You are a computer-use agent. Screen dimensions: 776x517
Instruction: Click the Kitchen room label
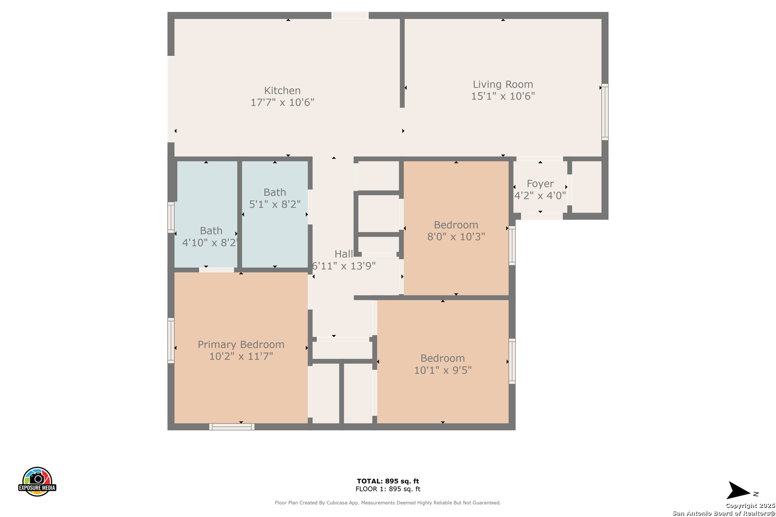[282, 90]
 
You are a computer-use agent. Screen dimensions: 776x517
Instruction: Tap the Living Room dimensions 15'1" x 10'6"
[502, 96]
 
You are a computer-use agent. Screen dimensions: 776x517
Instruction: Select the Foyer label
[540, 184]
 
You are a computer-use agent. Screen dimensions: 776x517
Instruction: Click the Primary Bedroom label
[241, 345]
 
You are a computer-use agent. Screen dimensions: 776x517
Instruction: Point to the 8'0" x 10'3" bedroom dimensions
[456, 236]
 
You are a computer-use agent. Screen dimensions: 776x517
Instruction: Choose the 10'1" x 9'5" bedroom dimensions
[443, 370]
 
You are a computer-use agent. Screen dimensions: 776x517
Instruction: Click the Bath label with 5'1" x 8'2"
[275, 192]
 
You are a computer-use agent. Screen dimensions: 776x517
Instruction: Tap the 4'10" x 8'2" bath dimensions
[209, 243]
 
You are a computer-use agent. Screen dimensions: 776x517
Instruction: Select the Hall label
[343, 254]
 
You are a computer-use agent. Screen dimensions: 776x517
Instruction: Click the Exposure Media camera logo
[37, 481]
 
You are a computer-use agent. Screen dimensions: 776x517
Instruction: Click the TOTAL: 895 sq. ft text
[388, 481]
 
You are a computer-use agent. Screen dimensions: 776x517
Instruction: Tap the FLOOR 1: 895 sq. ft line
[388, 489]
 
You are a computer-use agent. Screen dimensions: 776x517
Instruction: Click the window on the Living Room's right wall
[605, 112]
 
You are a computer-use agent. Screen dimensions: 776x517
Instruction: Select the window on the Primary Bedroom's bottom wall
[232, 427]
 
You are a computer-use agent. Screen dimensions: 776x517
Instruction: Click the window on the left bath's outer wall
[171, 217]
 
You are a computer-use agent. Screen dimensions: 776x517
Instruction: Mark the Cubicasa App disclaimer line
[388, 503]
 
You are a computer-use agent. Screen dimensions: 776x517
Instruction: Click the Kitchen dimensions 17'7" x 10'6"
[282, 102]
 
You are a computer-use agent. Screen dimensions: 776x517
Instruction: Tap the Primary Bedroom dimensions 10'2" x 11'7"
[241, 356]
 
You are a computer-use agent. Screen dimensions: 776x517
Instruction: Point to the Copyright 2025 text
[750, 506]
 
